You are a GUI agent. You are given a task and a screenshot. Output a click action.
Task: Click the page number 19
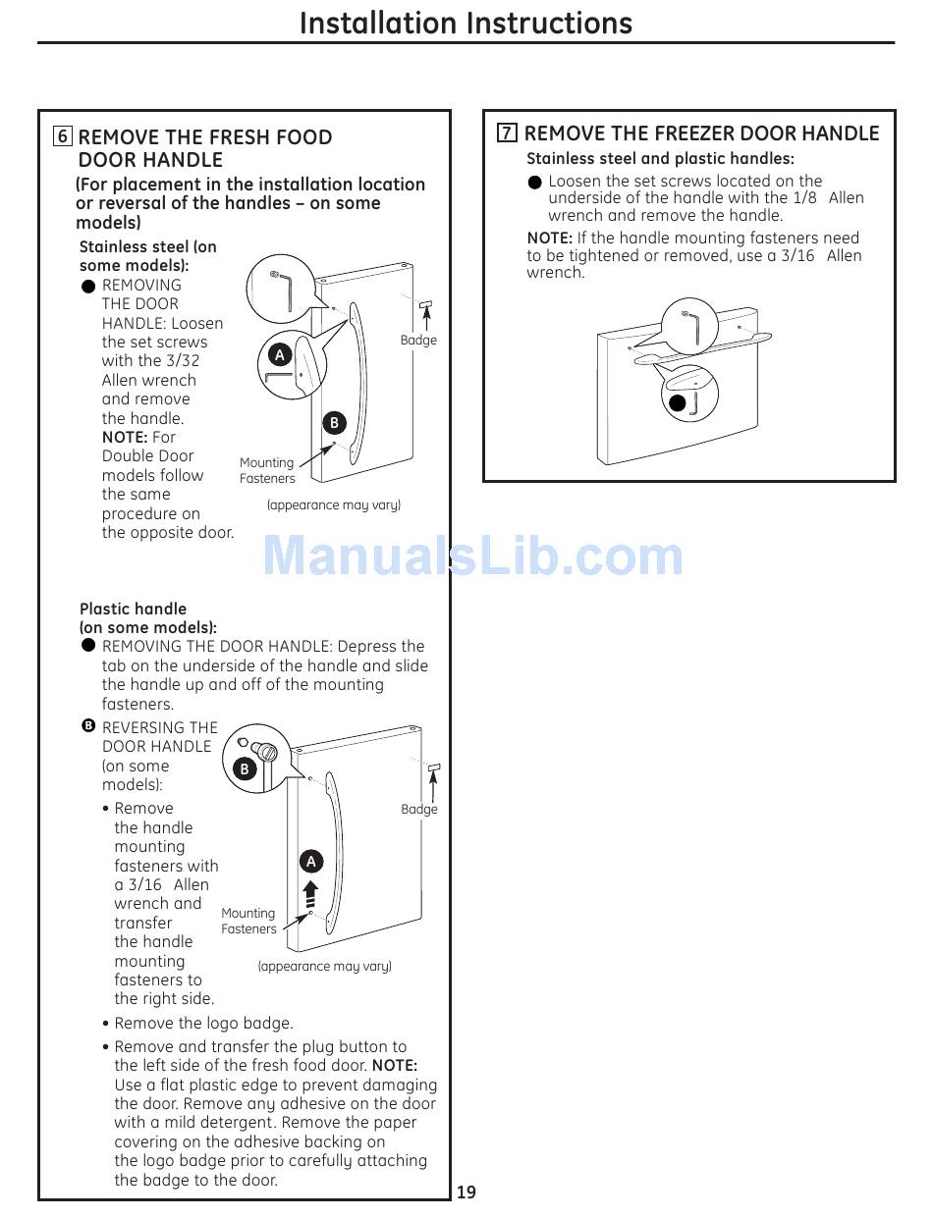pos(466,1192)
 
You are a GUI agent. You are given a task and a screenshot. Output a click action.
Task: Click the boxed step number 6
pos(63,136)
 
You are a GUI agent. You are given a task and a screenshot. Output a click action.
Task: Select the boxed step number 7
pos(507,133)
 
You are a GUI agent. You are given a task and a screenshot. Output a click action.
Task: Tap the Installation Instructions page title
pos(466,23)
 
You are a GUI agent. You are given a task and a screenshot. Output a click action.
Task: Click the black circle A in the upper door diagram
pos(279,355)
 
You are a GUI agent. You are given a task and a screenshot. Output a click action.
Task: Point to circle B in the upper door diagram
pos(334,423)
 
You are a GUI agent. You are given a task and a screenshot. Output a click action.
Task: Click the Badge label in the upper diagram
pos(418,340)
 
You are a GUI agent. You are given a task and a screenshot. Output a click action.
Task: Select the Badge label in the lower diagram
pos(419,809)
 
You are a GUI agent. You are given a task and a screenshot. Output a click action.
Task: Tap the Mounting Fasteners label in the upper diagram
pos(267,470)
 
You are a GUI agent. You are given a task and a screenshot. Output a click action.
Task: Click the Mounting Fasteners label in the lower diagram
pos(248,921)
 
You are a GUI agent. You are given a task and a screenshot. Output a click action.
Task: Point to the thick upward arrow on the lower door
pos(311,893)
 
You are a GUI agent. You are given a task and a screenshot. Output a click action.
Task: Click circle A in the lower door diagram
pos(311,862)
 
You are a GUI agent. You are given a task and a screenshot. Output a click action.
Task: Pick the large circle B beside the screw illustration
pos(245,769)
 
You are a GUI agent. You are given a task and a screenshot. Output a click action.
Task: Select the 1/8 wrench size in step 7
pos(804,198)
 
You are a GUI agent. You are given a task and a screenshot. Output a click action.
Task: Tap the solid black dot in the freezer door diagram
pos(678,402)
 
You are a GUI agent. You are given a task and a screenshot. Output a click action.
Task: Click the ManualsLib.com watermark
pos(472,556)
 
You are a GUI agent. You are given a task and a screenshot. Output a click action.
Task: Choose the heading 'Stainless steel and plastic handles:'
pos(660,159)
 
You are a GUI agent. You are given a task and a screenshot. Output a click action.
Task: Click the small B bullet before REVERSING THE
pos(88,726)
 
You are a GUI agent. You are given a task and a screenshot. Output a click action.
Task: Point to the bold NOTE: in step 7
pos(549,238)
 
